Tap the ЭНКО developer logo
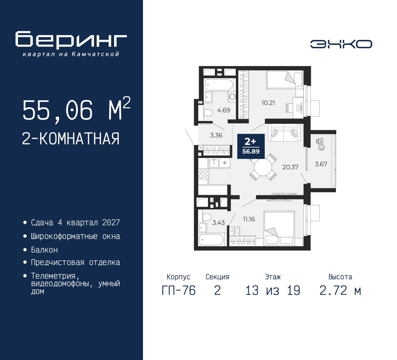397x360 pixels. tap(341, 44)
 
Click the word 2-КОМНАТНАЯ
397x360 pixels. tap(71, 139)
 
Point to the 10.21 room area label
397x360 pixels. tap(268, 103)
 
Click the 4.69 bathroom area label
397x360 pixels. tap(223, 110)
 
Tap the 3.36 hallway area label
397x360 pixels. tap(216, 135)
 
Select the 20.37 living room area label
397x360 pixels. tap(290, 167)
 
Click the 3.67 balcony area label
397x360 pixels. tap(321, 164)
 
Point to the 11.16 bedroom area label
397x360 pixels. tap(249, 219)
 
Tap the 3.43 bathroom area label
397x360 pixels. tap(218, 223)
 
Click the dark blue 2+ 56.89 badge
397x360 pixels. tap(251, 146)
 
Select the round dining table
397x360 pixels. tap(263, 167)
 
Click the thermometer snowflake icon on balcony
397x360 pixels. tap(320, 144)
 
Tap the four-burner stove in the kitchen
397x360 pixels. tap(203, 174)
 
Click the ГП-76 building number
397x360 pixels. tap(179, 291)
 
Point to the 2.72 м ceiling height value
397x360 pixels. tap(340, 291)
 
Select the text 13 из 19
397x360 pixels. tap(273, 291)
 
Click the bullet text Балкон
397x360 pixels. tap(44, 250)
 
